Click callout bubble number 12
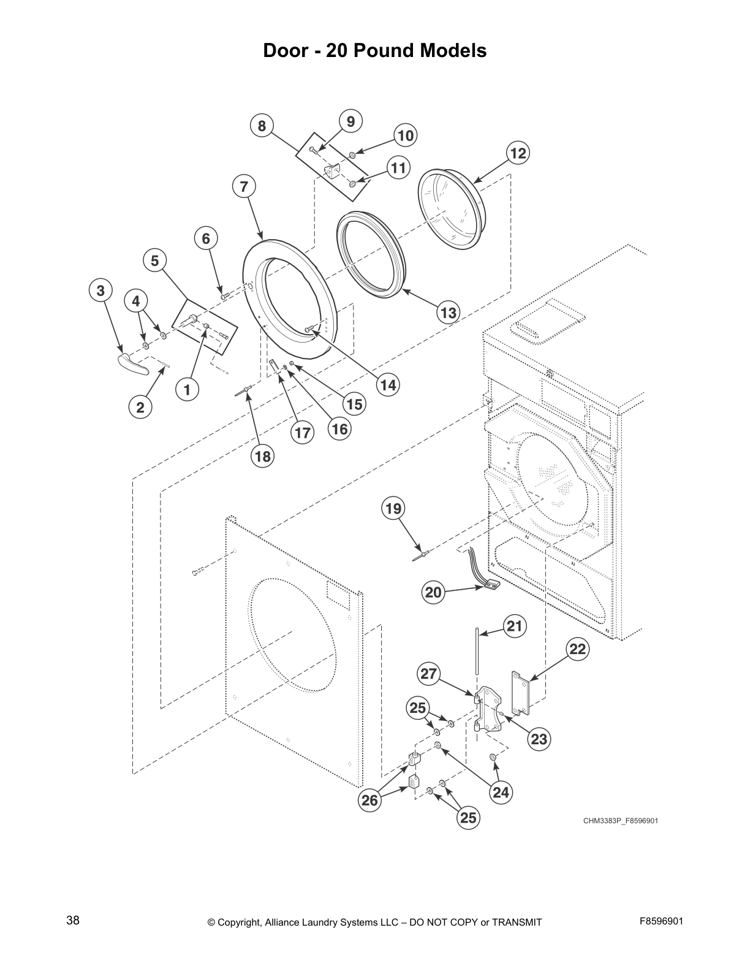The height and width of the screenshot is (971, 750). (x=518, y=153)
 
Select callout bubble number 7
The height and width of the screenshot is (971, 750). (x=244, y=186)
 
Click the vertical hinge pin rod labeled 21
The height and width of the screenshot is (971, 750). (x=476, y=659)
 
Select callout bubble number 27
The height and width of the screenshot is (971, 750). (x=429, y=674)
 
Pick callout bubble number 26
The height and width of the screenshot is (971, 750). (x=369, y=801)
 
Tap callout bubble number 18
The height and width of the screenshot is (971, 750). (x=262, y=457)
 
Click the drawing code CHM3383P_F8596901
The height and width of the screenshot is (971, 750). (x=620, y=821)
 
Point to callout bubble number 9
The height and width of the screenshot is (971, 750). (x=350, y=121)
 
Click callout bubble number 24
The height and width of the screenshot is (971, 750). (x=501, y=793)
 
